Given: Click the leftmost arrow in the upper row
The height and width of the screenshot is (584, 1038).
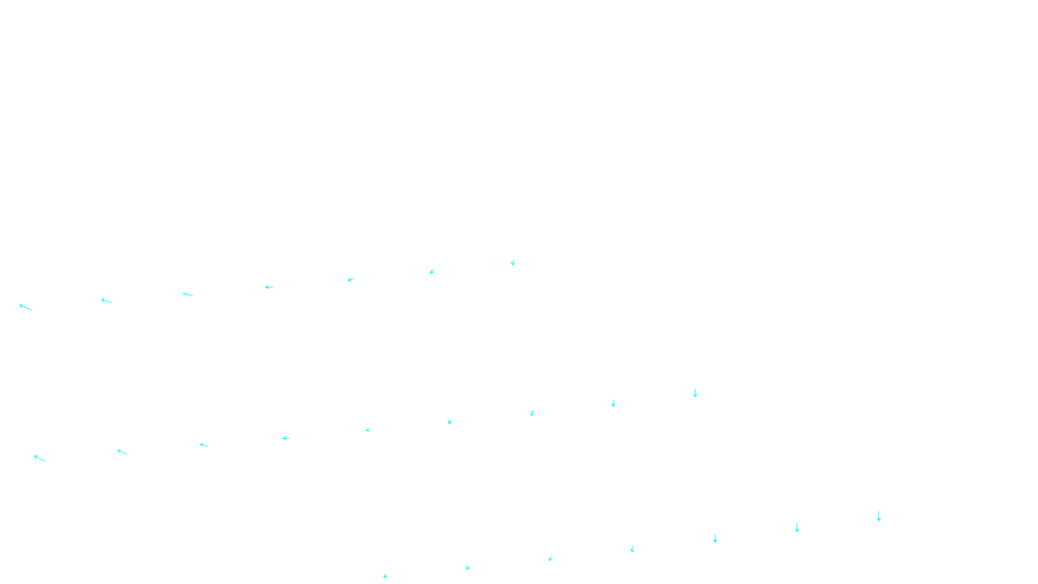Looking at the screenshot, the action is [x=25, y=307].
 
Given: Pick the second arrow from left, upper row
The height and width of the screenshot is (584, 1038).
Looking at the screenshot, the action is [x=106, y=300].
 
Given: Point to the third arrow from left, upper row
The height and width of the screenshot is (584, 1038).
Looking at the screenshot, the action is [x=187, y=295].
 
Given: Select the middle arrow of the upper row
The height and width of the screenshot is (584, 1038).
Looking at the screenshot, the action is [x=269, y=287].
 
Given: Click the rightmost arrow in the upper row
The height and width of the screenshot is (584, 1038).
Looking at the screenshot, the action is [x=513, y=263].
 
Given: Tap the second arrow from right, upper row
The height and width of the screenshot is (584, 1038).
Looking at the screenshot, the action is [x=432, y=272].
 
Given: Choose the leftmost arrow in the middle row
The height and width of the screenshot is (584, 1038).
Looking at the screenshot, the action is [x=40, y=458].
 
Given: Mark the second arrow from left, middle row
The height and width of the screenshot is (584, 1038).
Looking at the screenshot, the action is [x=121, y=452].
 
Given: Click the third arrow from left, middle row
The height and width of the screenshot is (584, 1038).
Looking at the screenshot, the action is [x=203, y=444].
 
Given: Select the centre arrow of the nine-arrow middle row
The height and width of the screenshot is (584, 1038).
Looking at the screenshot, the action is [x=368, y=430].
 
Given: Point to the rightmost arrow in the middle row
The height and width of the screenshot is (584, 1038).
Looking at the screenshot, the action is [x=695, y=393].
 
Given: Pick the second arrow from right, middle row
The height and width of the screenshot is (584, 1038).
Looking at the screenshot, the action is [x=614, y=403].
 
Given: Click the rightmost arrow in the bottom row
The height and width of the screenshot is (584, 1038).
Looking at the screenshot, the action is [x=879, y=516].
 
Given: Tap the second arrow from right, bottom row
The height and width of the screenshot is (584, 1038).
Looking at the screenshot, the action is [x=797, y=528].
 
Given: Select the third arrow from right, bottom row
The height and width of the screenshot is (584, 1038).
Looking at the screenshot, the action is [x=715, y=539].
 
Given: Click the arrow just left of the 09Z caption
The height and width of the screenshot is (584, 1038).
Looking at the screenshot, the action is [x=468, y=568].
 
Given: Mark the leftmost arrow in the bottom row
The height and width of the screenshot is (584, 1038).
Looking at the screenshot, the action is [x=385, y=576].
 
